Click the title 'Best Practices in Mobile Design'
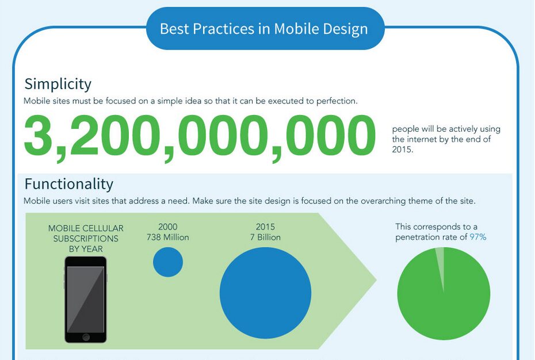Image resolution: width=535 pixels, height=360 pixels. point(264,29)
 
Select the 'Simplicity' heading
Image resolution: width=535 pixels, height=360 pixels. point(58,84)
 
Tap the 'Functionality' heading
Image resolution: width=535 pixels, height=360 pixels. point(68,184)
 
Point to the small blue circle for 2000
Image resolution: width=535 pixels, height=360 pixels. point(168,262)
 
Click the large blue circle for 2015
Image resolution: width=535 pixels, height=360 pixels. point(265,293)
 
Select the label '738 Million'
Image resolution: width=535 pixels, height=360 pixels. point(168,237)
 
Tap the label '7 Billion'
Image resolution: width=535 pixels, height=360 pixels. point(265,237)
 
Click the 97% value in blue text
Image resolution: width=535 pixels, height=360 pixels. point(478,237)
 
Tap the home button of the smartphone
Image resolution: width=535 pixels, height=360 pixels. point(86,336)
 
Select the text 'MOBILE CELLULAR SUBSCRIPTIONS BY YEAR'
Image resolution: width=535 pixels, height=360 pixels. point(86,239)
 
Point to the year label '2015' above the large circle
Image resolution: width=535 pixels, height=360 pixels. point(265,227)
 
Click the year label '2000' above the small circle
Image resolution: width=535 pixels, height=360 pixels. point(168,227)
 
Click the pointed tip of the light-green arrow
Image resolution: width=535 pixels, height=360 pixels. point(375,281)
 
